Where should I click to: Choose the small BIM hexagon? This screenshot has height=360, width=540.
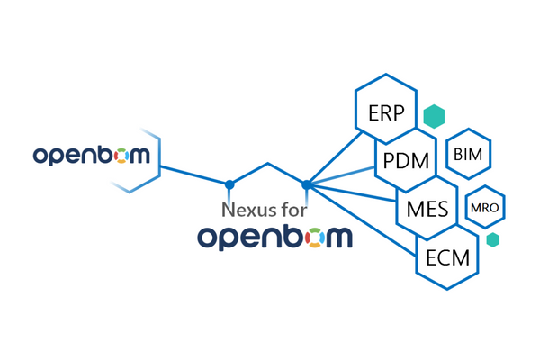pos(469,155)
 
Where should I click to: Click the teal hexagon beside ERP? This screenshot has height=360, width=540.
pos(435,116)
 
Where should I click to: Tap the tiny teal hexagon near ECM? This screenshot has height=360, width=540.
pos(492,240)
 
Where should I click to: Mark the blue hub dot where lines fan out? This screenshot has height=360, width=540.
pos(307,184)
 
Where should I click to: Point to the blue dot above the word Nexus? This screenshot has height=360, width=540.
pos(229,184)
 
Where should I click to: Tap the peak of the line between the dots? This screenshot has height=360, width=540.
pos(268,164)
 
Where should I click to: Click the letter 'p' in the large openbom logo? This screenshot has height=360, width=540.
pos(234,241)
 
